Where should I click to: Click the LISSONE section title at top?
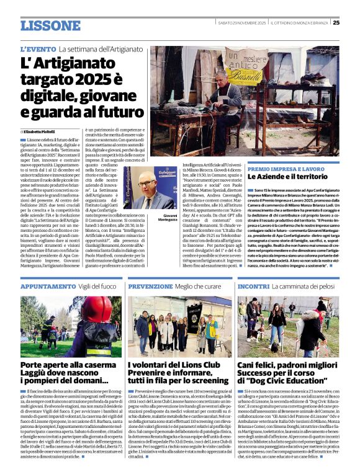50,25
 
